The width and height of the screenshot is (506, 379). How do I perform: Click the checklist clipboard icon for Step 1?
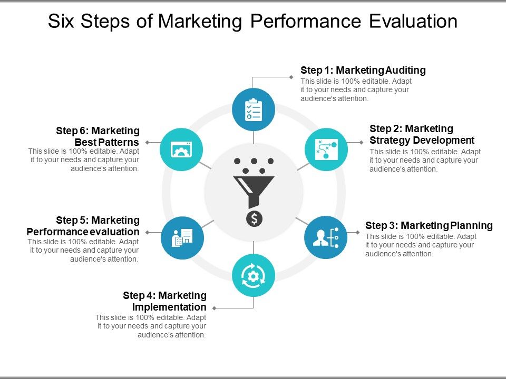pos(254,109)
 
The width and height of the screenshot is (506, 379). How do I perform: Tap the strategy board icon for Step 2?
pos(326,149)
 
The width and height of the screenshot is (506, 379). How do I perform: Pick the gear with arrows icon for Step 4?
pos(254,275)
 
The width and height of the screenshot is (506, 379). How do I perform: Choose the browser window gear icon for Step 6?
pos(181,149)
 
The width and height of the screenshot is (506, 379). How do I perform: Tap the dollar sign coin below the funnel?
pos(254,218)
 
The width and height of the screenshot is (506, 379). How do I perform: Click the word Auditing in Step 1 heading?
pos(405,70)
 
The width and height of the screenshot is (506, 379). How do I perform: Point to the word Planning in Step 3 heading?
pos(471,225)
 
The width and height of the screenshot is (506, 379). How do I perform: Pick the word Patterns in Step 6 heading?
pos(121,143)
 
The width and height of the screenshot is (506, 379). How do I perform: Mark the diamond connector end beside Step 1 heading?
pos(291,77)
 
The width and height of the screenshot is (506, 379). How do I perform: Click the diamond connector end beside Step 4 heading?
pos(214,308)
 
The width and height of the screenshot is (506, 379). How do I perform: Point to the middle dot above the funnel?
pos(254,162)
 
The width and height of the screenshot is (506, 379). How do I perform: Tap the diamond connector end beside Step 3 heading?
pos(358,232)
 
